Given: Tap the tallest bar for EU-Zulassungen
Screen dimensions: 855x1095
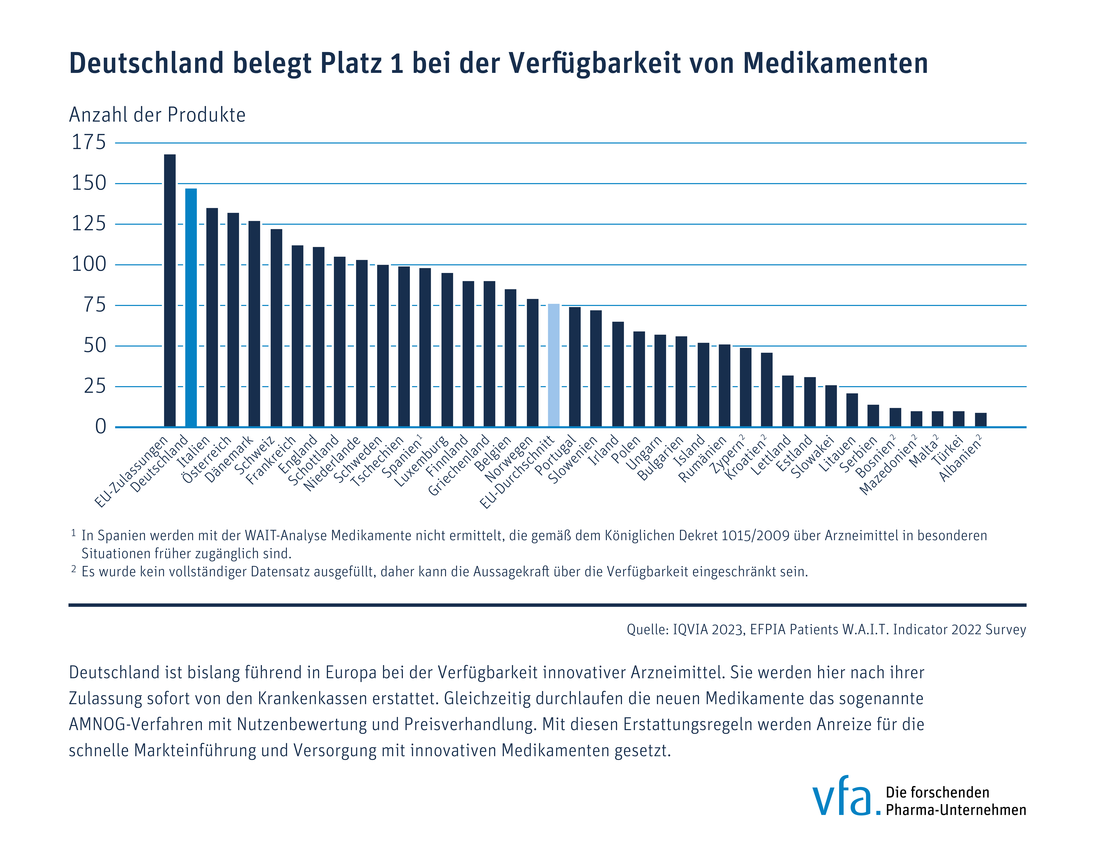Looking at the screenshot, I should (170, 291).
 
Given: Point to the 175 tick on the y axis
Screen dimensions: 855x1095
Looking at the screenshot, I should (89, 142).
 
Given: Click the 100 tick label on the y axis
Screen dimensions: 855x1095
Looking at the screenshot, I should (89, 264).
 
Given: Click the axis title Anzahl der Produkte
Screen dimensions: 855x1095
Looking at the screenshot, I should (157, 115).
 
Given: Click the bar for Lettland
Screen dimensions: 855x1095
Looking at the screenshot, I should (788, 401).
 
